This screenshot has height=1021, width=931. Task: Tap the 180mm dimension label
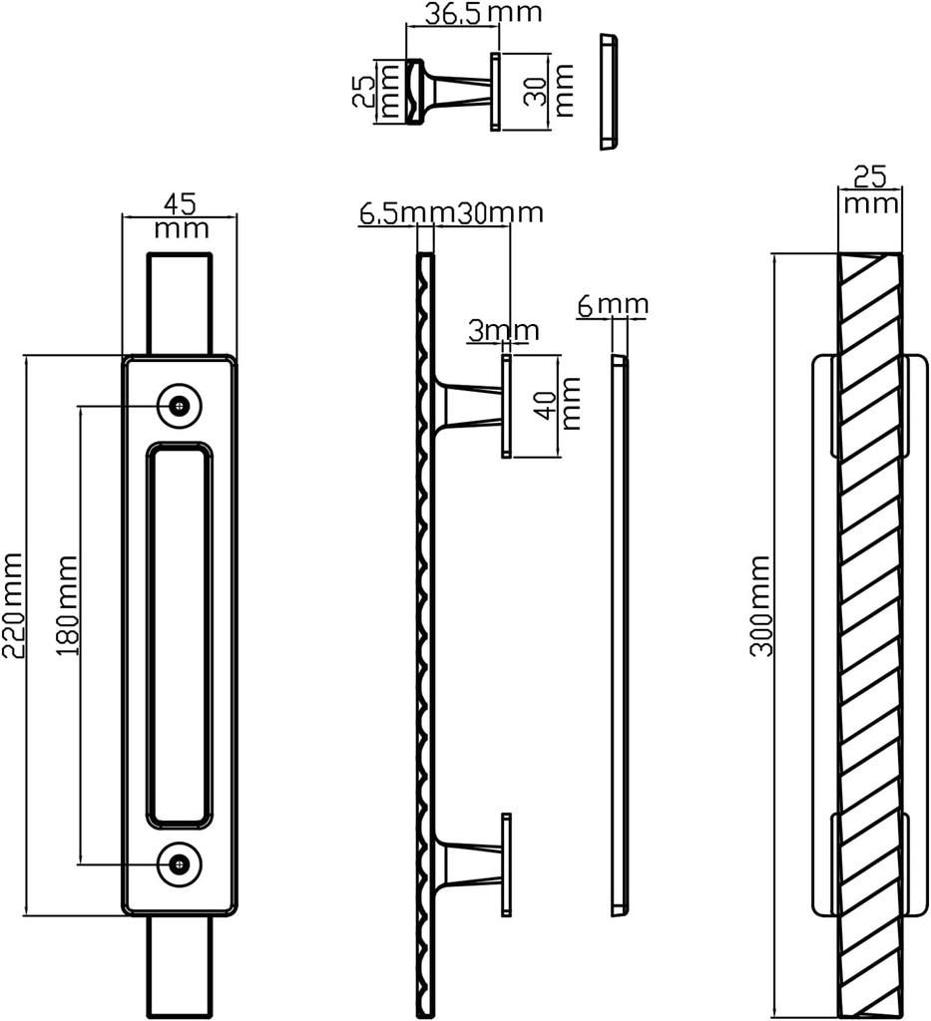point(67,605)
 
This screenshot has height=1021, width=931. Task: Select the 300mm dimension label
point(760,605)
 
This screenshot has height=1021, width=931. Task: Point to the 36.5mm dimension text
point(483,12)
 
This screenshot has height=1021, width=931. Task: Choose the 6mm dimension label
point(613,305)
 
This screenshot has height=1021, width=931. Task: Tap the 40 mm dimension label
point(560,404)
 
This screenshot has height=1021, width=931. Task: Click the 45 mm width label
point(181,215)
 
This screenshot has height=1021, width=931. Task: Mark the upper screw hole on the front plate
point(180,406)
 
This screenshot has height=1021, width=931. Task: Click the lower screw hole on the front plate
point(180,864)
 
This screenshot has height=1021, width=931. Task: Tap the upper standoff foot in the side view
point(506,407)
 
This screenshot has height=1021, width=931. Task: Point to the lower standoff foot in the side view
point(506,864)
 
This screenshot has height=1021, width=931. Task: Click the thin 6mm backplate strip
point(620,635)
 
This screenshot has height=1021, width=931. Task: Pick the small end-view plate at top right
point(609,92)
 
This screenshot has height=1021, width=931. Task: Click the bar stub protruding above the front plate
point(180,303)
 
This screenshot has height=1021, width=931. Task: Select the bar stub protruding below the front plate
point(180,966)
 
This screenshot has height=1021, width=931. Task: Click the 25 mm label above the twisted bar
point(870,189)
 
